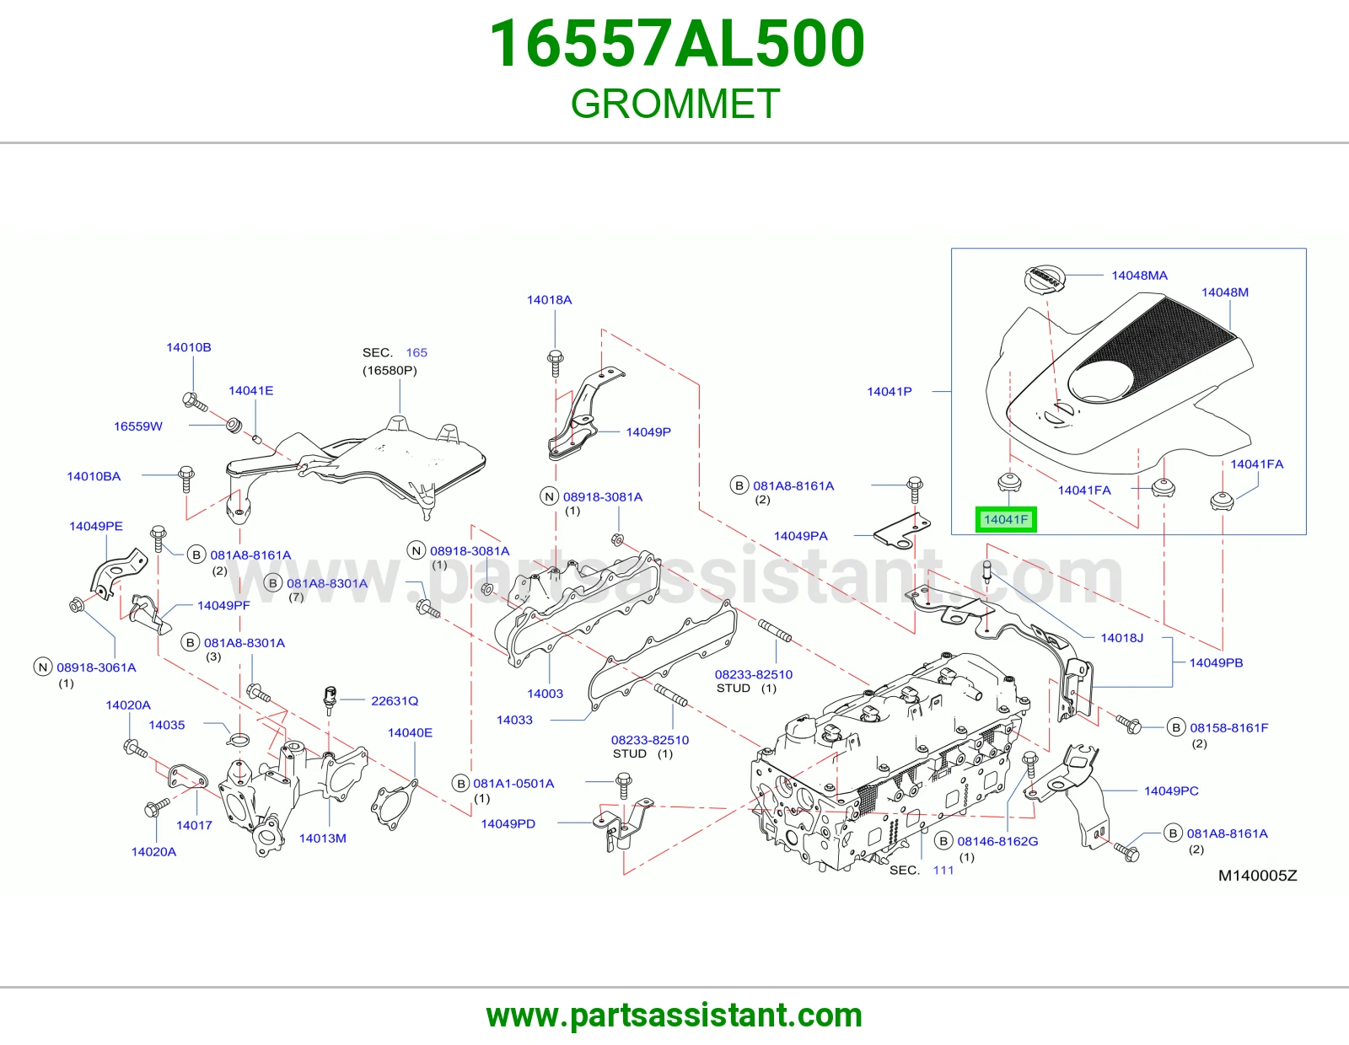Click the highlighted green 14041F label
[1006, 519]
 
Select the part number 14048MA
[1139, 276]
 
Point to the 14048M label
[1225, 292]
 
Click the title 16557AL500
[676, 44]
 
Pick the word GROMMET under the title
[674, 104]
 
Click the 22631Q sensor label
[395, 700]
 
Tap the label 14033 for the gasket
[514, 720]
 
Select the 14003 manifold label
[545, 694]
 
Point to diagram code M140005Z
[1258, 875]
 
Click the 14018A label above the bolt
[550, 300]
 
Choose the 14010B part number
[189, 347]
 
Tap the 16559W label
[137, 426]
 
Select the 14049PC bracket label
[1171, 790]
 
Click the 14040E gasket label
[410, 732]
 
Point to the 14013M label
[323, 839]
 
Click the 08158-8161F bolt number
[1229, 727]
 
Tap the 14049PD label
[508, 823]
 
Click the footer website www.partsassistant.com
[674, 1016]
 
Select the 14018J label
[1122, 637]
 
